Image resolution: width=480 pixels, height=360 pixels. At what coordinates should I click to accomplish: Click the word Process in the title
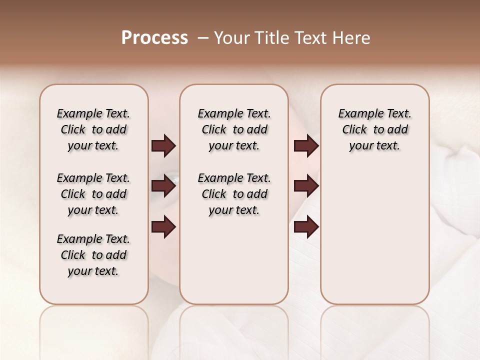coord(154,38)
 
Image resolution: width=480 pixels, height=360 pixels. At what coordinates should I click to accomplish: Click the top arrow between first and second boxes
coord(163,146)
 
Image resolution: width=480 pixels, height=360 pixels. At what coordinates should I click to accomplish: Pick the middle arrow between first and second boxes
coord(163,186)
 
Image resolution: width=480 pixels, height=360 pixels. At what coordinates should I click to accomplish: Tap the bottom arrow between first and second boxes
coord(163,227)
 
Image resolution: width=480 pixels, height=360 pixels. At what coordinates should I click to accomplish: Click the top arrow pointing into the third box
coord(306,146)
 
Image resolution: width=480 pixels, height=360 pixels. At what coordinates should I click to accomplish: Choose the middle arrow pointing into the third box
coord(306,186)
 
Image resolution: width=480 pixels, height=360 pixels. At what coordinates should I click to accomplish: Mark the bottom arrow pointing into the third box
coord(306,227)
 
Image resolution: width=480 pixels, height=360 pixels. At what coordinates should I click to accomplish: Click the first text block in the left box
coord(93,129)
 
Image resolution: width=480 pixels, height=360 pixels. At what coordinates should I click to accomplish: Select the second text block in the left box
coord(93,194)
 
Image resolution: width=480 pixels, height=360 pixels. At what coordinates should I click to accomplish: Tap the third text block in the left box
coord(93,255)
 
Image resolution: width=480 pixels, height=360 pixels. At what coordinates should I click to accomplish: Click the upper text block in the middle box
coord(234,129)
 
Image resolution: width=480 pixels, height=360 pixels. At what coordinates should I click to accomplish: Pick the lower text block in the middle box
coord(234,194)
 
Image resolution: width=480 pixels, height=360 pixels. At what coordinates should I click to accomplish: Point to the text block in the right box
coord(375,129)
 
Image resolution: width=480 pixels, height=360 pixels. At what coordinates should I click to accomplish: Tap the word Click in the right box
coord(355,130)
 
